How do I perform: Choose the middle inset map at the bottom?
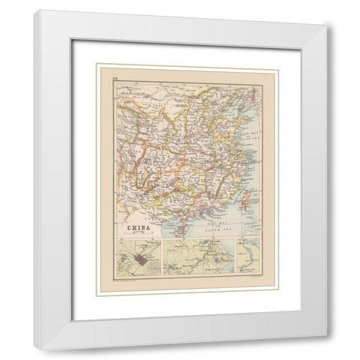198,257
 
